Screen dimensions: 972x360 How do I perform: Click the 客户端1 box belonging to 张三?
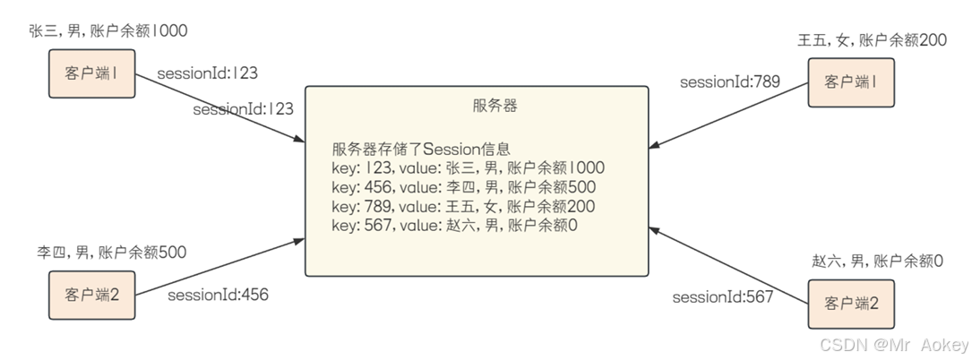tap(92, 73)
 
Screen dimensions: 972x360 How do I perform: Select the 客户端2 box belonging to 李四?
tap(92, 293)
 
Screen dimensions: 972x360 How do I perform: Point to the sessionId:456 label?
tap(218, 294)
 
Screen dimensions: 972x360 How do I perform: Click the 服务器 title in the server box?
tap(495, 106)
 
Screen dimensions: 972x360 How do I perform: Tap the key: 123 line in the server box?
tap(468, 168)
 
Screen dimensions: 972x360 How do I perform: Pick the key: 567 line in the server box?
tap(454, 225)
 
